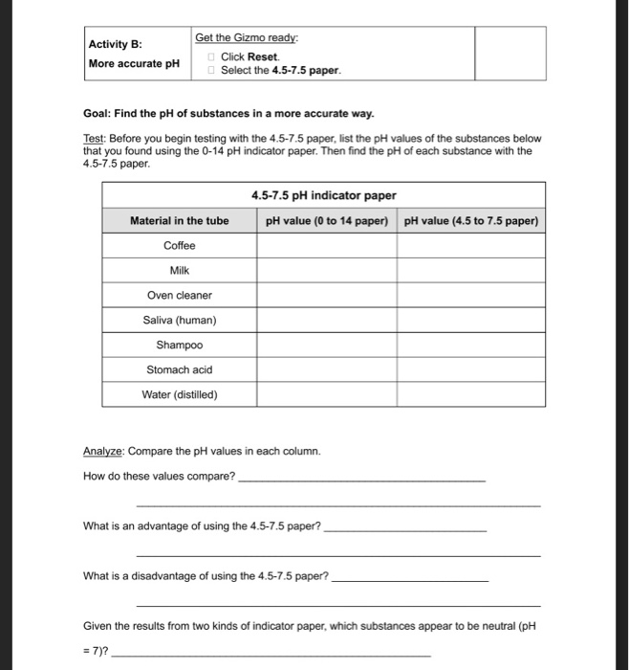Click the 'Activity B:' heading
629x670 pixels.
[x=115, y=44]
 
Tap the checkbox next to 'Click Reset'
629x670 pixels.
[x=212, y=57]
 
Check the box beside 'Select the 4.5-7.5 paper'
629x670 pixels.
[x=212, y=71]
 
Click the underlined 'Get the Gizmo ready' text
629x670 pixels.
[x=247, y=37]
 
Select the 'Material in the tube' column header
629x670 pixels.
[x=179, y=221]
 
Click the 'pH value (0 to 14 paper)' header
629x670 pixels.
[x=326, y=221]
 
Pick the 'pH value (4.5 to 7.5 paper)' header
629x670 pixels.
[x=471, y=221]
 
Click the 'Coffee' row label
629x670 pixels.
[x=179, y=246]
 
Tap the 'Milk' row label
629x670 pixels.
[x=179, y=271]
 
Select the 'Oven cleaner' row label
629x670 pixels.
[x=179, y=296]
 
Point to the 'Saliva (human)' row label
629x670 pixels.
[x=179, y=321]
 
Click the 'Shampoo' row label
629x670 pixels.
[x=179, y=346]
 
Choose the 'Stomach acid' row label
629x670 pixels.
[x=179, y=370]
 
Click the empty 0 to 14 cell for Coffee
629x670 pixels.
[x=326, y=246]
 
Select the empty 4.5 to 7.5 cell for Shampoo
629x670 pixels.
[x=471, y=346]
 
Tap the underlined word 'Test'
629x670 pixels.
[x=94, y=138]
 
